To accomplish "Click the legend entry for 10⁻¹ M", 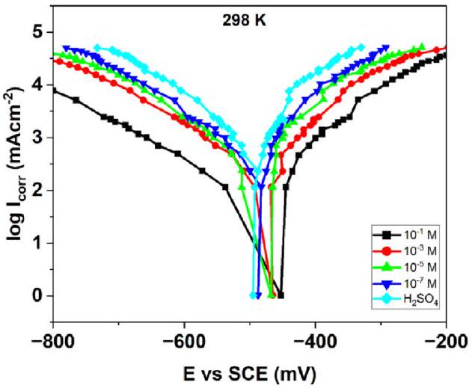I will [x=413, y=229].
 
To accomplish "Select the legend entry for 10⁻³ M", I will [x=413, y=245].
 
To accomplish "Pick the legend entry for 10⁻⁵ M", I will [x=413, y=262].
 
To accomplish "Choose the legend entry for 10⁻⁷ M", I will [x=413, y=278].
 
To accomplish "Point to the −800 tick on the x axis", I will [x=53, y=327].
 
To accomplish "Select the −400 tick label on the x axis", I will [x=315, y=327].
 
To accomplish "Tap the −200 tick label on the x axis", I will [x=446, y=327].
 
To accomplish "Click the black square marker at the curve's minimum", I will [x=281, y=295].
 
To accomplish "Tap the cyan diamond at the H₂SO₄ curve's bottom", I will [x=253, y=295].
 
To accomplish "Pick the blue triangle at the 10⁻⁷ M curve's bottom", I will [x=258, y=295].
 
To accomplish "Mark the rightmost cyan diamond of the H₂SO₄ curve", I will [x=361, y=46].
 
